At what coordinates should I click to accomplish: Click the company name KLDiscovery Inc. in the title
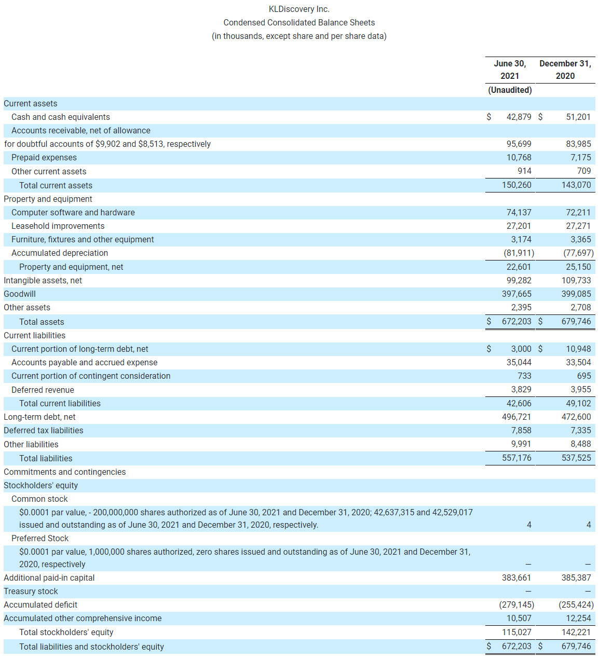(x=299, y=9)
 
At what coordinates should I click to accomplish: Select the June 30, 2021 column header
(x=510, y=70)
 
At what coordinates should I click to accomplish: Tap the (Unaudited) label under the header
(x=510, y=90)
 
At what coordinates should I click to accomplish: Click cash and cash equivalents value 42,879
(x=519, y=117)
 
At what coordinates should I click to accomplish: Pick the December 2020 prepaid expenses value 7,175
(x=580, y=157)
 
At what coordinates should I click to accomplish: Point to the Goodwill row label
(x=20, y=294)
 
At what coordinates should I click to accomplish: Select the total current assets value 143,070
(x=576, y=185)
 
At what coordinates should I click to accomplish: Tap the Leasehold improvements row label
(x=58, y=226)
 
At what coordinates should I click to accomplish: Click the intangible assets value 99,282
(x=519, y=280)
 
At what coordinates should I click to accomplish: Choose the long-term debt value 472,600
(x=576, y=417)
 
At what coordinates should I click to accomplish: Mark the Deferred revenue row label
(x=43, y=390)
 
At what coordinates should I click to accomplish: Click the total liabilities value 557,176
(x=516, y=458)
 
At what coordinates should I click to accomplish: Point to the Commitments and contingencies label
(x=64, y=472)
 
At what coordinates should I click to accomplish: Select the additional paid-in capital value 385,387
(x=576, y=578)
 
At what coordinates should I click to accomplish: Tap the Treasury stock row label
(x=31, y=591)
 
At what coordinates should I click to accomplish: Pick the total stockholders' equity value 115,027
(x=516, y=632)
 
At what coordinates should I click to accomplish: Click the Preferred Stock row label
(x=40, y=538)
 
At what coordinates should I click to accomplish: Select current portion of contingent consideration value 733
(x=524, y=376)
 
